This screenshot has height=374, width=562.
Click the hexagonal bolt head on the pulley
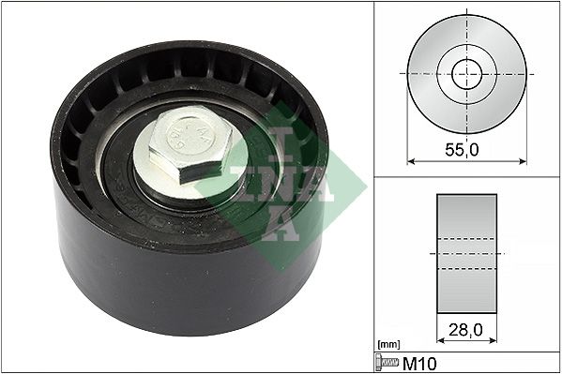tap(190, 143)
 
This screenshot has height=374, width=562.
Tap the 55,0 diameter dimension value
tap(462, 150)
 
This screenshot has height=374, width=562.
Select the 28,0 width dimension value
tap(465, 330)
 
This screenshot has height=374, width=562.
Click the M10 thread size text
tap(419, 364)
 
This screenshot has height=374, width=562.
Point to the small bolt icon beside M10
tap(387, 363)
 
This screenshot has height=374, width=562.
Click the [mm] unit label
tap(388, 345)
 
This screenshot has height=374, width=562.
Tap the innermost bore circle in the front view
tap(467, 74)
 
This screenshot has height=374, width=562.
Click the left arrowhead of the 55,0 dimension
tap(411, 161)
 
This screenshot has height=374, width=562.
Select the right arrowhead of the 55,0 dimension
tap(523, 161)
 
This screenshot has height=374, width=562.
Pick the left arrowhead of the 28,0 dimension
tap(441, 340)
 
